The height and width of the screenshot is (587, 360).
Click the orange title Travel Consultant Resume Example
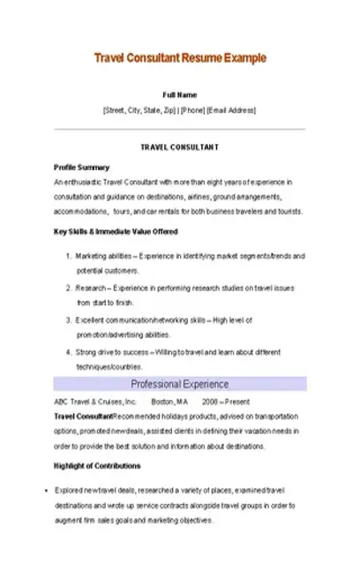(x=179, y=58)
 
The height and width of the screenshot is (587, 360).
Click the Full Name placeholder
(x=180, y=94)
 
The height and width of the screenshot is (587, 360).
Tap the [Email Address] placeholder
(x=232, y=110)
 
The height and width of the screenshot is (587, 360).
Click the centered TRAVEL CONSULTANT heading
(x=180, y=147)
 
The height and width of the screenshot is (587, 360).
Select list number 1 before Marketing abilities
(x=68, y=255)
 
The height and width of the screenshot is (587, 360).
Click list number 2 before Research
(x=68, y=288)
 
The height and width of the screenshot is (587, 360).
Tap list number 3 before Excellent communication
(x=68, y=320)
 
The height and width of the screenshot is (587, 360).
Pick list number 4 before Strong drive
(x=68, y=351)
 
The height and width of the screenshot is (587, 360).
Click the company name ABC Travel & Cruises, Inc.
(x=95, y=401)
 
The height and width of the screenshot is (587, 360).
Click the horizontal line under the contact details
(x=180, y=128)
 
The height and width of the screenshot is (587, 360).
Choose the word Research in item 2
(x=91, y=288)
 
